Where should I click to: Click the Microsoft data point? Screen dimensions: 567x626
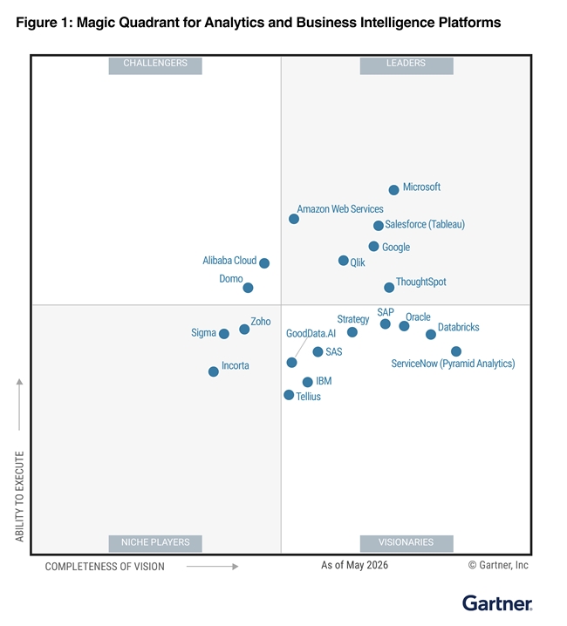[393, 190]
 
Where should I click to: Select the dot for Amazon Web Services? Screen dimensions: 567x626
[294, 219]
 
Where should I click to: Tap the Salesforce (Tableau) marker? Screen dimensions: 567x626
[379, 226]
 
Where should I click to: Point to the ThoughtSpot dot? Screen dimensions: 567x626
[389, 288]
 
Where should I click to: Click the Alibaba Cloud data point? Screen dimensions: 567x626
[264, 263]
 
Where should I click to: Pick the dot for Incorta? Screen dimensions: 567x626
[214, 371]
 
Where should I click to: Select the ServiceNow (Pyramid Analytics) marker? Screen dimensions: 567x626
[456, 351]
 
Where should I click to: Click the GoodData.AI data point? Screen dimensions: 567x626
[291, 363]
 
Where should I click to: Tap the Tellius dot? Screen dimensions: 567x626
[289, 395]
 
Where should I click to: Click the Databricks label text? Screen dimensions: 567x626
[458, 327]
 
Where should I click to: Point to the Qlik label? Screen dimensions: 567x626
[358, 262]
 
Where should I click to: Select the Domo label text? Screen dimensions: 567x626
[231, 279]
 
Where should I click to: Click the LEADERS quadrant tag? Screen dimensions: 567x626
[406, 65]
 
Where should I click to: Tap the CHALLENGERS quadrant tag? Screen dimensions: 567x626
[155, 65]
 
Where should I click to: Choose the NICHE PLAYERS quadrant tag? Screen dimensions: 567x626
[155, 543]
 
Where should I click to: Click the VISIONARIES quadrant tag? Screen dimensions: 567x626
[406, 543]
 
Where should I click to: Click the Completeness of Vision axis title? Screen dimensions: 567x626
[105, 567]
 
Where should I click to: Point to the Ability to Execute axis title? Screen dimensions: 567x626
[19, 496]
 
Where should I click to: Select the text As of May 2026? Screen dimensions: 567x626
[354, 565]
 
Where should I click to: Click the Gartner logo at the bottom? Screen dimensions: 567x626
[497, 603]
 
